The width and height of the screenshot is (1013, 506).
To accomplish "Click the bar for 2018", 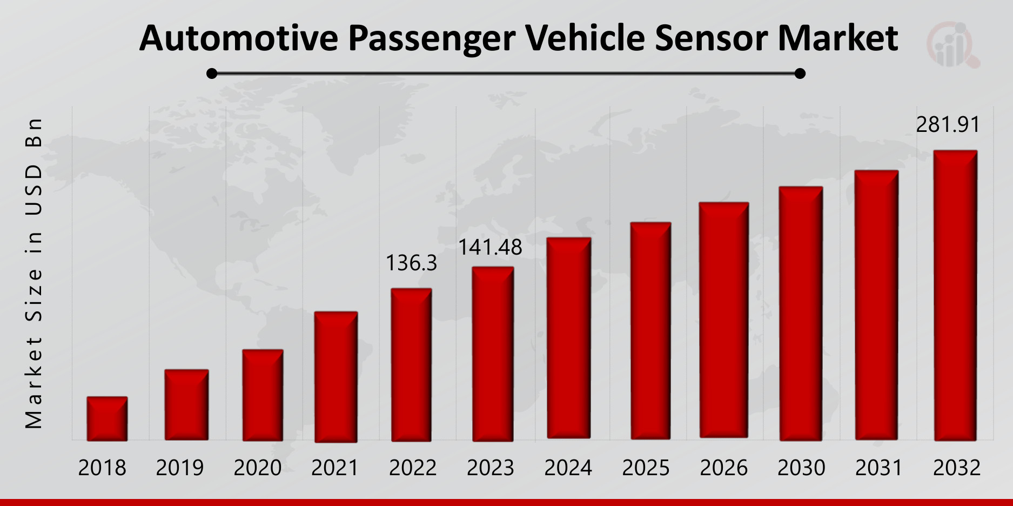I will (107, 418).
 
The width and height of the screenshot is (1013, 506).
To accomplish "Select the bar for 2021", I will (336, 377).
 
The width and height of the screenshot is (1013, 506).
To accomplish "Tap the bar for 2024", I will (568, 338).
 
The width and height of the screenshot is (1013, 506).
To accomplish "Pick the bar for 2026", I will (723, 320).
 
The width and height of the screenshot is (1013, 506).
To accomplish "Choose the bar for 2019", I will (186, 404).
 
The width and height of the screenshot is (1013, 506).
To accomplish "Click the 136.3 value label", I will (411, 263).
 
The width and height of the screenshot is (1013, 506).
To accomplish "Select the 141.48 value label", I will (490, 248).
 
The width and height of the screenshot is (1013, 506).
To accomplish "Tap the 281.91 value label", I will (948, 125).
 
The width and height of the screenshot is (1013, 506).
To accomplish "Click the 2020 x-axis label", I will (257, 468).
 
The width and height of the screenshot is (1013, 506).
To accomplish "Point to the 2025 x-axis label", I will (646, 468).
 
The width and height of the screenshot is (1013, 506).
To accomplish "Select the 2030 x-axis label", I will (801, 468).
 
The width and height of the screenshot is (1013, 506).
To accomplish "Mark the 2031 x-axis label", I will (879, 468).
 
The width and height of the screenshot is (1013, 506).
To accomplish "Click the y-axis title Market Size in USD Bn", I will (33, 273).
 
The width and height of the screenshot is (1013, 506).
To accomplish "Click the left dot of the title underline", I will (212, 74).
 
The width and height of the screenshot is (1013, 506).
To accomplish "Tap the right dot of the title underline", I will (800, 74).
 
